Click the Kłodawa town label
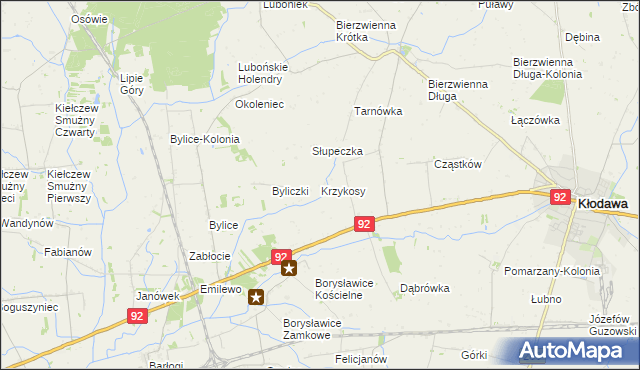603,203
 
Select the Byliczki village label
294,191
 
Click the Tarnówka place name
378,112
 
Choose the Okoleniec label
260,104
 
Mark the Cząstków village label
459,164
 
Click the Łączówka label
533,120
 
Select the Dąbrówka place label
425,288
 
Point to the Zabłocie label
211,257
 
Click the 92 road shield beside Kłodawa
560,198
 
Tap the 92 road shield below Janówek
138,315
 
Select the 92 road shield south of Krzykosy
365,227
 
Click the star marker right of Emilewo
257,296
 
